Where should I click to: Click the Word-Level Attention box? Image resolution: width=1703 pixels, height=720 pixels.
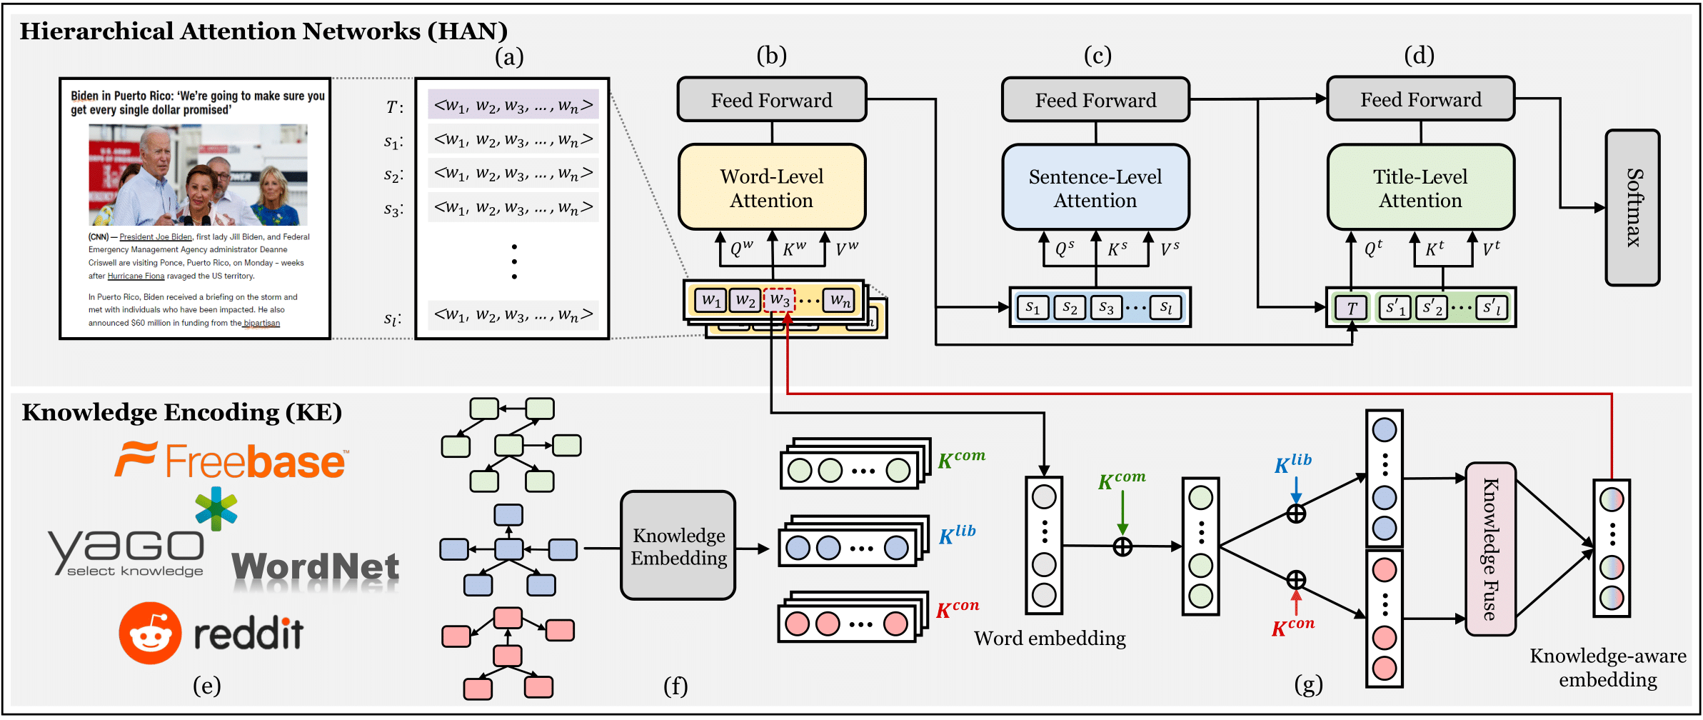771,188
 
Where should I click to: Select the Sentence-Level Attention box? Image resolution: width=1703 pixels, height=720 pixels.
1095,188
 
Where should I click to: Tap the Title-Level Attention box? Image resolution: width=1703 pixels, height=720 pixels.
1420,188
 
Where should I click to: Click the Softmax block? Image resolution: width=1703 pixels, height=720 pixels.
1632,208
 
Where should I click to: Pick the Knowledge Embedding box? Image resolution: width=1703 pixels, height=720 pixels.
678,546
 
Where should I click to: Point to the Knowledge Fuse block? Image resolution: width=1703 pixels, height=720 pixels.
1490,549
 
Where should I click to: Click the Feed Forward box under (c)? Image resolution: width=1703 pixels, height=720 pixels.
1095,100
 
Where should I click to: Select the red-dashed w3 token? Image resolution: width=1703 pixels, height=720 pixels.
779,300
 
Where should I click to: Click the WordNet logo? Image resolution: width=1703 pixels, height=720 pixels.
315,568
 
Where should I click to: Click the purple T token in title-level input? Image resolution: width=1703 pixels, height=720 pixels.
1351,308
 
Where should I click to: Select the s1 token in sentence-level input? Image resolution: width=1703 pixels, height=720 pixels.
1033,308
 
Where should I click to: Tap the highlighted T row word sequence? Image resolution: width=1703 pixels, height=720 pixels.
513,105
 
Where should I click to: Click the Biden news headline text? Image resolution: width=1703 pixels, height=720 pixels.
197,103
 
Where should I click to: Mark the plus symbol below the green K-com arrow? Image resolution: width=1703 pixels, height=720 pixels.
1122,547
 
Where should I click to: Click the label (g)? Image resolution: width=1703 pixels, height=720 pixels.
1308,684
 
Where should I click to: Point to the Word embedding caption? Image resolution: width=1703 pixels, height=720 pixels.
1050,638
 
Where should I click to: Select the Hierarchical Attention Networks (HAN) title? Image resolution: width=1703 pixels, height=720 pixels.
263,31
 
